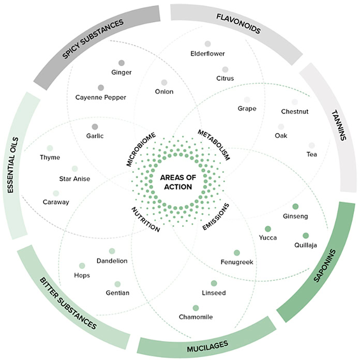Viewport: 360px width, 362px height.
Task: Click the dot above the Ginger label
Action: point(122,63)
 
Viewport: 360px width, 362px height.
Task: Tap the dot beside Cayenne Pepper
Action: point(101,87)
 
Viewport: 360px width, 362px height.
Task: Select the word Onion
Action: point(163,92)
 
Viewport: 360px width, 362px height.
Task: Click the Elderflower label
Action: point(207,53)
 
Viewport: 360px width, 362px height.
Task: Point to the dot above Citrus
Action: point(225,69)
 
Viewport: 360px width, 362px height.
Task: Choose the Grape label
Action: point(247,109)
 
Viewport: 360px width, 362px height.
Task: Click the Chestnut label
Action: point(294,111)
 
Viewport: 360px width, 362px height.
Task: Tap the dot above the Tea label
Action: point(311,145)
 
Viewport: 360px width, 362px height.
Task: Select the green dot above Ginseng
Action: point(295,206)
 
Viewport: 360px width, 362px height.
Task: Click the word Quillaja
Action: point(305,245)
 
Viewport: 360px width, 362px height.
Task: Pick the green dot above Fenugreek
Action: point(237,253)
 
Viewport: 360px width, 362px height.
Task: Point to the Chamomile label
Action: point(196,316)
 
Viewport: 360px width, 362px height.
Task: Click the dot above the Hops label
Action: point(82,266)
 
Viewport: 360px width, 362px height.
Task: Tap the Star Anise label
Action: point(74,179)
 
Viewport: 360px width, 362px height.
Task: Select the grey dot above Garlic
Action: point(95,127)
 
